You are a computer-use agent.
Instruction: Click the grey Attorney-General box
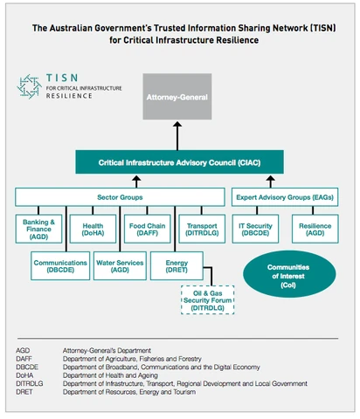(177, 96)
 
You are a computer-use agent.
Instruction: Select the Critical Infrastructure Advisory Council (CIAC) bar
(179, 162)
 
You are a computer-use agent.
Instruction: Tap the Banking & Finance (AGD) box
(38, 229)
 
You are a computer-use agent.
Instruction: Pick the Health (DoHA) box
(93, 229)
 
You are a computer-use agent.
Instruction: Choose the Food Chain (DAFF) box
(148, 229)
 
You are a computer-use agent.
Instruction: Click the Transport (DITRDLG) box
(202, 229)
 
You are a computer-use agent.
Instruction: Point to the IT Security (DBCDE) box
(255, 229)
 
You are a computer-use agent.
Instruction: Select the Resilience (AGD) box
(315, 229)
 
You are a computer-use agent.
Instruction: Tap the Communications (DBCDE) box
(60, 266)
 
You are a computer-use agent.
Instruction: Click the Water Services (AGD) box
(120, 266)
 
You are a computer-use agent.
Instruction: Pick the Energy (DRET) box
(177, 266)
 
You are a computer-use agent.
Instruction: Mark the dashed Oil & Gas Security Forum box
(208, 300)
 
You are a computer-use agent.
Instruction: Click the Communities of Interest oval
(289, 274)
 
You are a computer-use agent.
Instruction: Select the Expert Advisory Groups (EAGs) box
(285, 197)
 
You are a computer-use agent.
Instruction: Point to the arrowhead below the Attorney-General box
(177, 124)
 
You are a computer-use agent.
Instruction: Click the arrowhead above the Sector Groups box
(136, 178)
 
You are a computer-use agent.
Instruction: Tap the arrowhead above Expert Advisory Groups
(271, 178)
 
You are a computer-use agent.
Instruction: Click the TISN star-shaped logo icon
(29, 86)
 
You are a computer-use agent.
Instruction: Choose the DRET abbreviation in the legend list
(24, 392)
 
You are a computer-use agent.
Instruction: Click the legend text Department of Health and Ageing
(110, 375)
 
